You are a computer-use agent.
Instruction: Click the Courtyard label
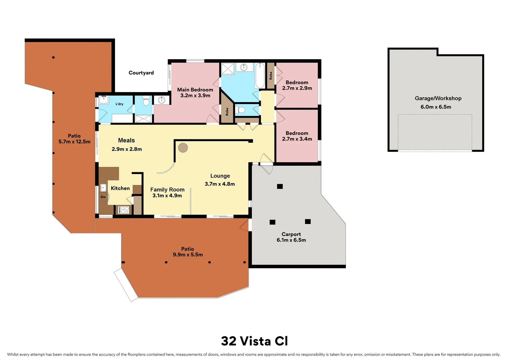(141, 73)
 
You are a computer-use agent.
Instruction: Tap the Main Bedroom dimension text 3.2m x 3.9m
(195, 96)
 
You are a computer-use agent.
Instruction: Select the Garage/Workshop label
(438, 98)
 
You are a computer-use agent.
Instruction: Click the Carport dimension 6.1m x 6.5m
(291, 240)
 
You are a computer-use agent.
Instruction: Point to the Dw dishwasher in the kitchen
(103, 197)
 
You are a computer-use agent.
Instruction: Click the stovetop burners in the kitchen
(125, 210)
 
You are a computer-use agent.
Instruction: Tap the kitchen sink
(103, 188)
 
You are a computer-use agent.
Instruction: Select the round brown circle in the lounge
(183, 148)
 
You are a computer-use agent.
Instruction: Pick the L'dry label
(119, 104)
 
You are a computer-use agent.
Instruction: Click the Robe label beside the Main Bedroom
(227, 112)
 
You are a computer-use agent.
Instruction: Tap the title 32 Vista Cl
(254, 341)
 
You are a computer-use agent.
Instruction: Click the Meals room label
(127, 141)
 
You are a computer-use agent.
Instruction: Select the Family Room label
(167, 190)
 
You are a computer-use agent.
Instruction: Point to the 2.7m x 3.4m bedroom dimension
(297, 139)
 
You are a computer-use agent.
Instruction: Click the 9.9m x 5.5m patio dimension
(188, 255)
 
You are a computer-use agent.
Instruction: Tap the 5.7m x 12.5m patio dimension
(74, 142)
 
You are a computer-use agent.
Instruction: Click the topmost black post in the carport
(280, 186)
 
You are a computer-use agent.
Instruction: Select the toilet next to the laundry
(146, 102)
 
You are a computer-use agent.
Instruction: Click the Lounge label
(220, 176)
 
